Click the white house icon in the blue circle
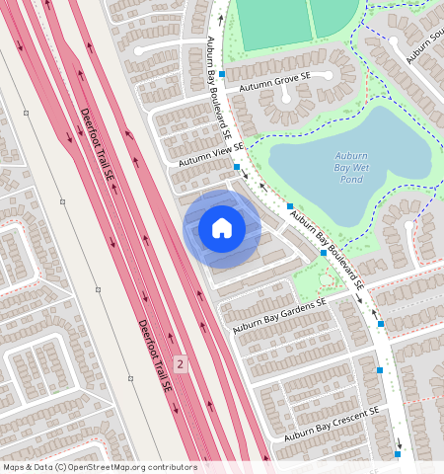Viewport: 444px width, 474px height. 222,229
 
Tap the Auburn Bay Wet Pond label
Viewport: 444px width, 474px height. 351,168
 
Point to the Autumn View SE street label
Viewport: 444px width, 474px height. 210,153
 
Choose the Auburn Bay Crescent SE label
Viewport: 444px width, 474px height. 332,423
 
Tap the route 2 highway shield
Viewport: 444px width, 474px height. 180,364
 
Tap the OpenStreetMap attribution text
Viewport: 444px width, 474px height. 99,467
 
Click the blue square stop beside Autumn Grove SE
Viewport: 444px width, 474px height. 223,74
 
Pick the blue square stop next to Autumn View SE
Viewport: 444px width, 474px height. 237,167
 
